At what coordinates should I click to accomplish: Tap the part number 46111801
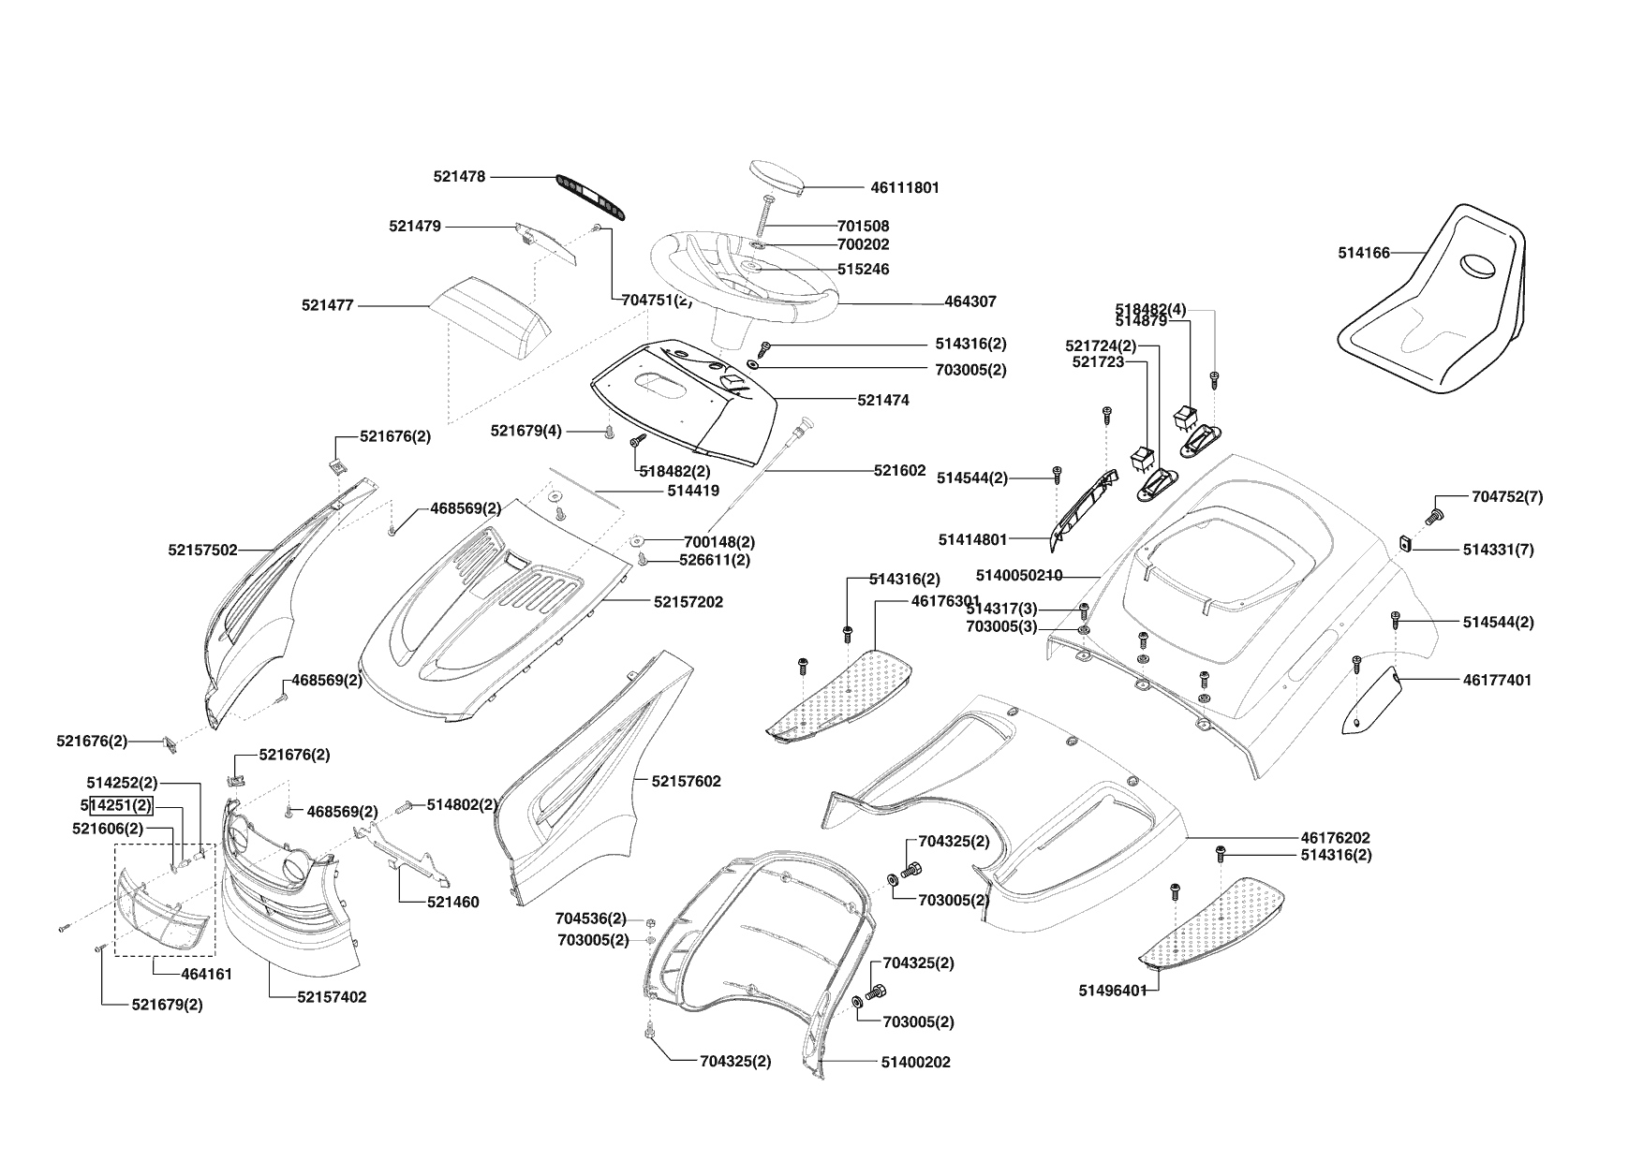coord(904,187)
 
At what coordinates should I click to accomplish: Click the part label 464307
coord(970,301)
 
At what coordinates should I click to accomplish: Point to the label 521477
coord(328,305)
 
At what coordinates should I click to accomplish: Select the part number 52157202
coord(688,602)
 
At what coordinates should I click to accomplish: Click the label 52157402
coord(332,997)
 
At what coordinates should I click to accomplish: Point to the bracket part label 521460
coord(452,903)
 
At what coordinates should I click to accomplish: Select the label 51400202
coord(915,1062)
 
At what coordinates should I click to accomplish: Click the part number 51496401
coord(1112,991)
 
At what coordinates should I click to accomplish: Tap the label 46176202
coord(1335,838)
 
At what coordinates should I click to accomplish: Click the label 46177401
coord(1497,680)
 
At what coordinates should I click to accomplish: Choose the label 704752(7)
coord(1507,497)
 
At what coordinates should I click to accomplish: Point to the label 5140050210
coord(1019,575)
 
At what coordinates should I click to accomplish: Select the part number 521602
coord(899,471)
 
